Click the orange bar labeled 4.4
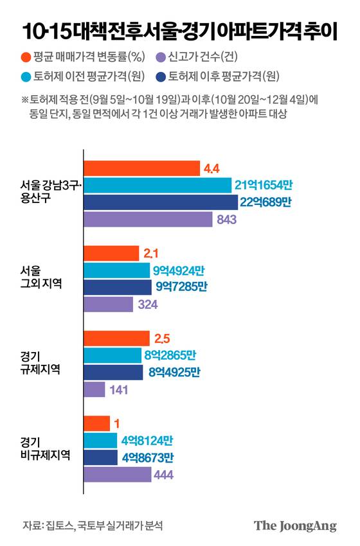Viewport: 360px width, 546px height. [x=141, y=169]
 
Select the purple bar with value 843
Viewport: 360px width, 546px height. [x=148, y=219]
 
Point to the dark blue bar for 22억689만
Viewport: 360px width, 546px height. [x=161, y=202]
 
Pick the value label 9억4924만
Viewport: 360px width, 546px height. [x=181, y=270]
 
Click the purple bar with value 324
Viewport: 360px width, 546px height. [x=109, y=304]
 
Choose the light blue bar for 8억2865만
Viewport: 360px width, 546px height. [x=113, y=355]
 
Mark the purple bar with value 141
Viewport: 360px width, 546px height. [x=94, y=389]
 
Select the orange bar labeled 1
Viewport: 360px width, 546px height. [x=97, y=424]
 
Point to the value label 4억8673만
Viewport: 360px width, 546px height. [x=147, y=457]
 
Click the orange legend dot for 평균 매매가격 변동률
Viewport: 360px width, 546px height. [x=24, y=57]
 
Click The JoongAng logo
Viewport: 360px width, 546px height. [x=295, y=525]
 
